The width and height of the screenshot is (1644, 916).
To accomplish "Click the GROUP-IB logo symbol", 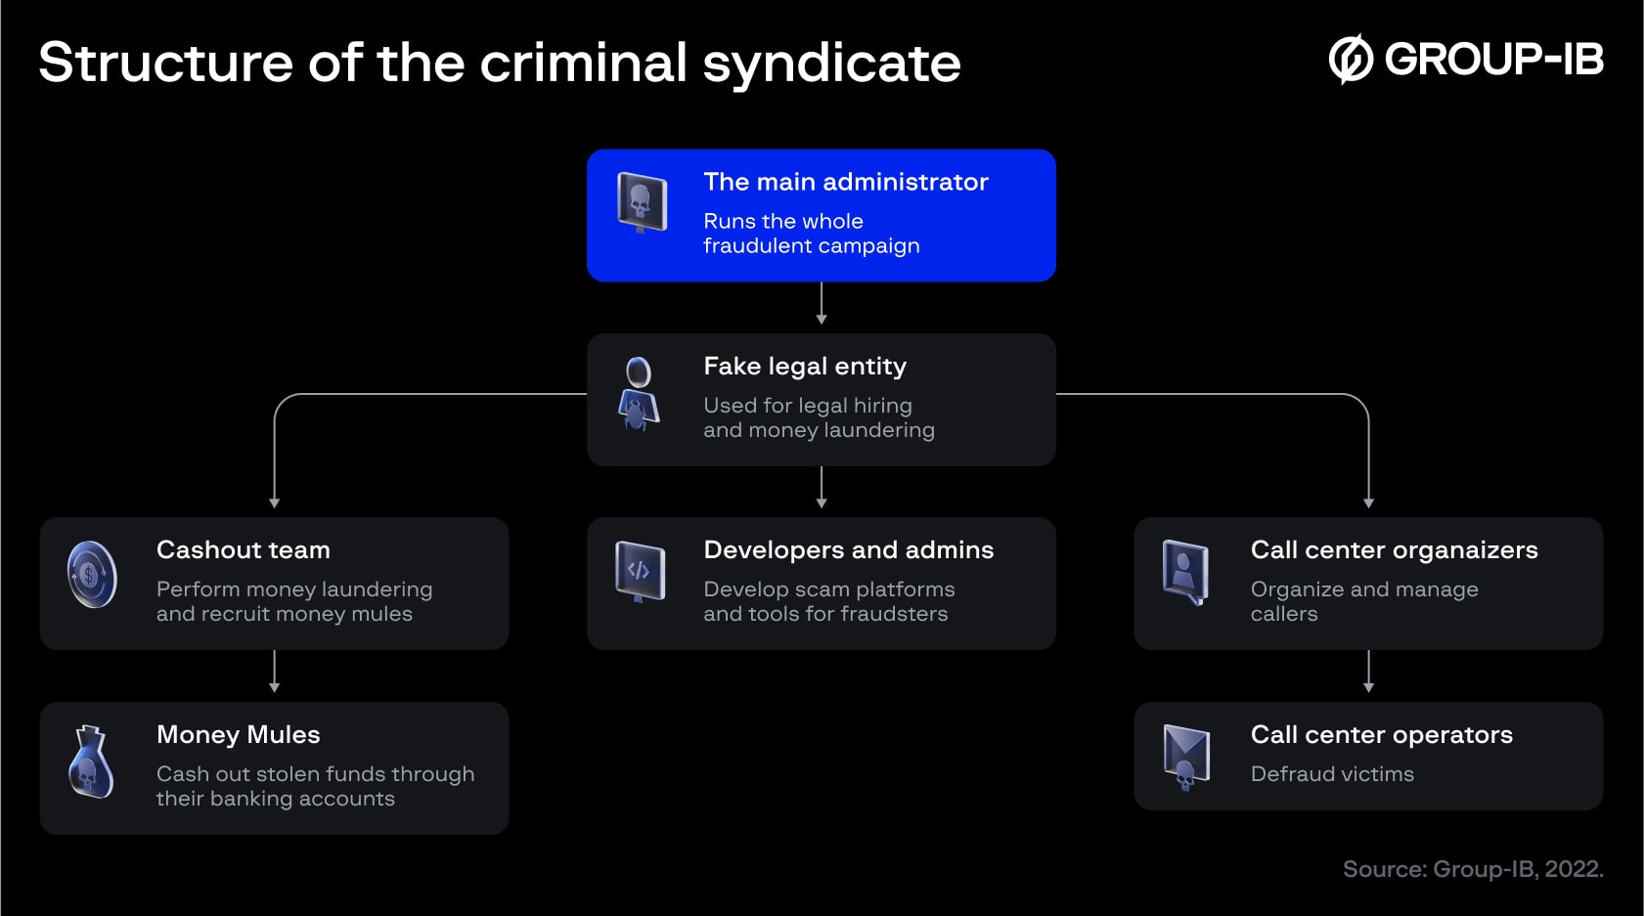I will tap(1351, 60).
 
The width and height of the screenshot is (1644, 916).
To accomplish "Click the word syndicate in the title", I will tap(831, 65).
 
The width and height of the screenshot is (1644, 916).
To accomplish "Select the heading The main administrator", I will tap(845, 182).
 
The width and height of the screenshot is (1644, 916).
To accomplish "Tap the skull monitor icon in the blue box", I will tap(642, 202).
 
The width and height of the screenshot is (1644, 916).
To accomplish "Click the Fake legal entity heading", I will tap(804, 367).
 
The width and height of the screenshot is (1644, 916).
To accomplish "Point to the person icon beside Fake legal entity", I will tap(638, 394).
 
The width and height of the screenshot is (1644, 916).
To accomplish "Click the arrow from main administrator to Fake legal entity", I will tap(822, 304).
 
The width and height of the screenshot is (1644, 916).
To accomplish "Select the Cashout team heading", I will tap(243, 550).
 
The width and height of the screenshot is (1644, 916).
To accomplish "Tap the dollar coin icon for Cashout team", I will tap(92, 575).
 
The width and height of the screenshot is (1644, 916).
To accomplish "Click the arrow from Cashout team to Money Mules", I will tap(274, 673).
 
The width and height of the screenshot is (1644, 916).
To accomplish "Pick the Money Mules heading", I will tap(238, 735).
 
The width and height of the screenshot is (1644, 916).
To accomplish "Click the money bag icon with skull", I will tap(91, 762).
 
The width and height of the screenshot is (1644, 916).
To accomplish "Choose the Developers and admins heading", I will tap(848, 550).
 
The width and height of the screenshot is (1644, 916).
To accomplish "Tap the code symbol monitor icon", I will tap(640, 571).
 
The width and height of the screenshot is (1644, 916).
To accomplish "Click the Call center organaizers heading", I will tap(1394, 550).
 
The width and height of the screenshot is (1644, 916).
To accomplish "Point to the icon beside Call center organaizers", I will tap(1185, 572).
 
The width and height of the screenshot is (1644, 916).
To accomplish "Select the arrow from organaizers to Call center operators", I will tap(1368, 673).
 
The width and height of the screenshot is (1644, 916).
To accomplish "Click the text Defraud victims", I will tap(1332, 774).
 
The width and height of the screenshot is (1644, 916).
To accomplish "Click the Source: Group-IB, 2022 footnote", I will tap(1472, 869).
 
